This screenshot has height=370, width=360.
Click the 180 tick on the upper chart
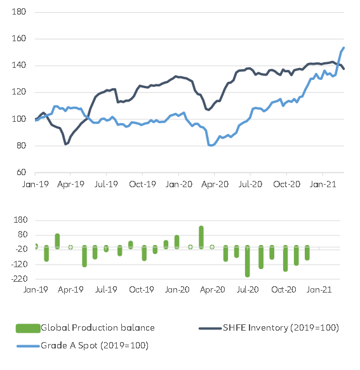(19, 12)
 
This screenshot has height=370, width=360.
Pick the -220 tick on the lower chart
(17, 279)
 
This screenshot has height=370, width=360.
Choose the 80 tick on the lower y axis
(21, 234)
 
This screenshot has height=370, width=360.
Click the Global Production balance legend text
(97, 328)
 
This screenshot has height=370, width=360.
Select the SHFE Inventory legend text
(281, 328)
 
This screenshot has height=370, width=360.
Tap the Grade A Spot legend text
(94, 345)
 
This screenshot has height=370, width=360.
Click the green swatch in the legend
(27, 328)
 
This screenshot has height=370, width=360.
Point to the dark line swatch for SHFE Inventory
(210, 328)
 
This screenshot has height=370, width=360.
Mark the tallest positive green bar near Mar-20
(201, 236)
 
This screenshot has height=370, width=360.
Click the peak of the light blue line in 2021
(343, 48)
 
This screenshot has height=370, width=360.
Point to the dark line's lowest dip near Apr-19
(66, 144)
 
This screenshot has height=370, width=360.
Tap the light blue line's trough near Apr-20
(211, 145)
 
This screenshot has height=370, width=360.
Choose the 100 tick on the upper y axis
(19, 119)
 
